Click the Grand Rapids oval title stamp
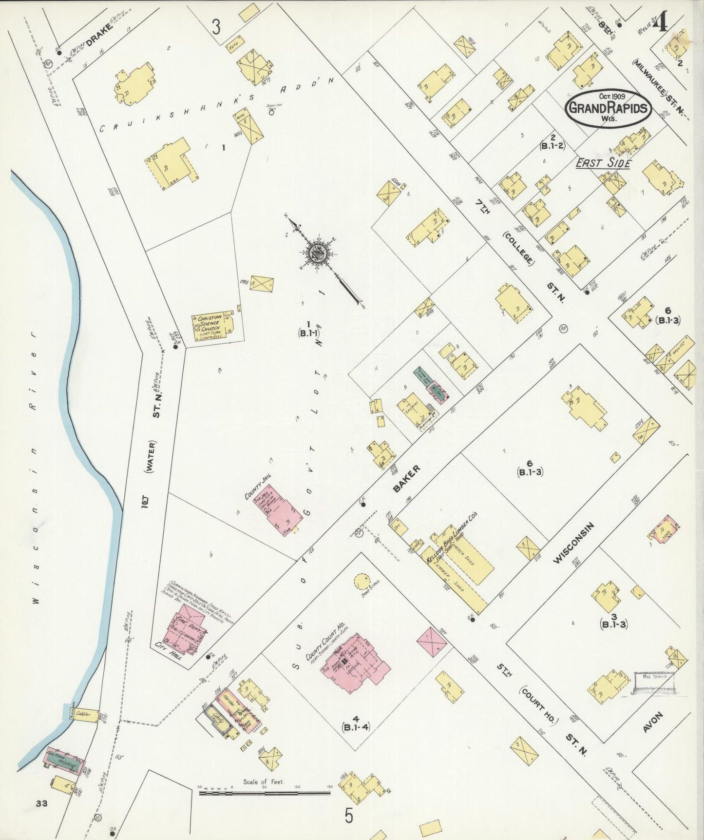(x=609, y=108)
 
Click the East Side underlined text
(x=603, y=164)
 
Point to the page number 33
(x=41, y=803)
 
